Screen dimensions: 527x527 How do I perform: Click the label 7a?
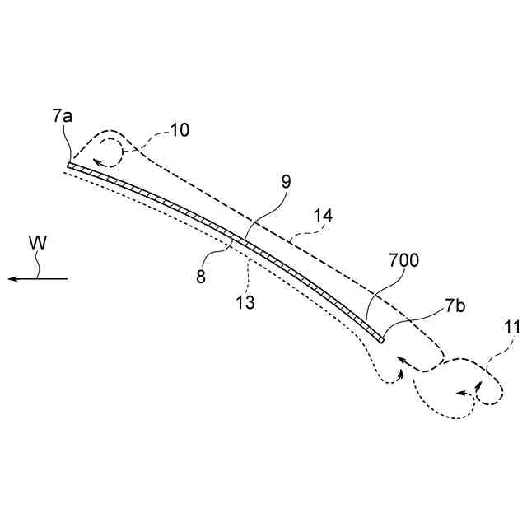(62, 116)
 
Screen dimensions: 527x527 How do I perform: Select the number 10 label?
(180, 129)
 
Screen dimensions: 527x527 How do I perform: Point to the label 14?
(324, 216)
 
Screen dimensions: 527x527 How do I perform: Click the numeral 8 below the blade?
(200, 277)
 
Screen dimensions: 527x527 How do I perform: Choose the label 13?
(244, 302)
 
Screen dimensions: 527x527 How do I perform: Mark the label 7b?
(455, 307)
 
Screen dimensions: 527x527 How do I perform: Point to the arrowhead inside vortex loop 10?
(97, 161)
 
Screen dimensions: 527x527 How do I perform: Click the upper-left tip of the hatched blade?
(69, 165)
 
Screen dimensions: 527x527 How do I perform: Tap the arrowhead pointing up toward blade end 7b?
(401, 372)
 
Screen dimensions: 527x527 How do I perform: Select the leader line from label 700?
(375, 294)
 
